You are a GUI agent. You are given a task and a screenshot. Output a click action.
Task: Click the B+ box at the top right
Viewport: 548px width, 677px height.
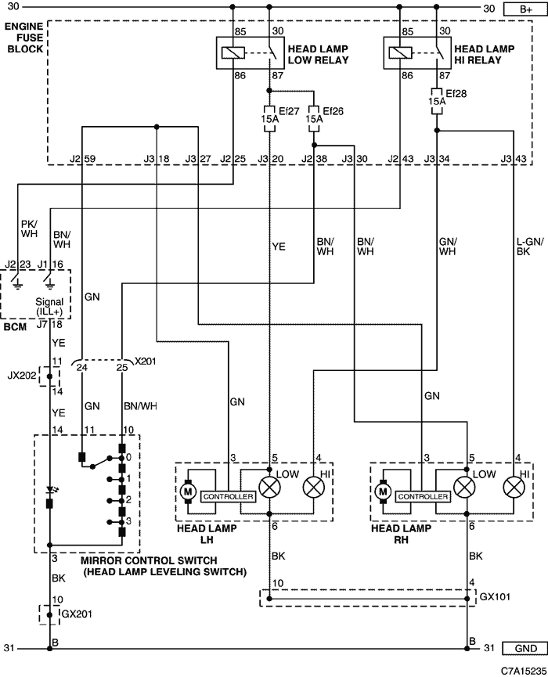tap(525, 9)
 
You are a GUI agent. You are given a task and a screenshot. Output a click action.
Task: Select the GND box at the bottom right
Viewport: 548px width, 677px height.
tap(525, 648)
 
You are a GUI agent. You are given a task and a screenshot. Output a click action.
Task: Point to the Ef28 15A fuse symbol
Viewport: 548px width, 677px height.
tap(437, 102)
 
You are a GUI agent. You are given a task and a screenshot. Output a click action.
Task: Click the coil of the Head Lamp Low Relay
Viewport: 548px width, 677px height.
tap(233, 52)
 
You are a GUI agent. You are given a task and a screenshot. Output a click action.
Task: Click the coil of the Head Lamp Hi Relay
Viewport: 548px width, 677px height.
tap(400, 52)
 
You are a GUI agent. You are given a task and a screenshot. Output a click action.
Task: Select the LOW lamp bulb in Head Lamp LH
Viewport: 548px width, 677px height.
tap(269, 488)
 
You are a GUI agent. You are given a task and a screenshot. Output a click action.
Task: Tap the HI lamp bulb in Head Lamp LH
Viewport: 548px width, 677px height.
tap(314, 488)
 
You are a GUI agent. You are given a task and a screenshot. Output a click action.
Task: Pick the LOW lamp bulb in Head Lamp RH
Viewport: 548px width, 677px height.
tap(464, 488)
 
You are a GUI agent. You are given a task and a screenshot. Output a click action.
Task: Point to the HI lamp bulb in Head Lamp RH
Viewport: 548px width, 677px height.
tap(514, 488)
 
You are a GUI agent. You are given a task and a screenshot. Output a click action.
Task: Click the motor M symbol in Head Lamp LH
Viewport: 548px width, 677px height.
tap(188, 492)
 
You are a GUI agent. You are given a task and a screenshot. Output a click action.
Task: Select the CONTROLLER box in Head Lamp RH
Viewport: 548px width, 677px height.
tap(423, 496)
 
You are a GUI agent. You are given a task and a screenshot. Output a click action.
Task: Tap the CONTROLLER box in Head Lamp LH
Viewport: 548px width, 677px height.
tap(228, 496)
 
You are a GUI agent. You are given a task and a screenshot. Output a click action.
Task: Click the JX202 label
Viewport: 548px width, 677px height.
tap(22, 375)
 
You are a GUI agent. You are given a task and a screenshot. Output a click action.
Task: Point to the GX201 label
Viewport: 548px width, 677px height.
tap(78, 614)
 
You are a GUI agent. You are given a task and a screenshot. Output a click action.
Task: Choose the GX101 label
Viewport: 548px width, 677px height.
tap(496, 596)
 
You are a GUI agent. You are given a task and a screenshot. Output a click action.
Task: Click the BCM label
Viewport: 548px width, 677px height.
tap(15, 327)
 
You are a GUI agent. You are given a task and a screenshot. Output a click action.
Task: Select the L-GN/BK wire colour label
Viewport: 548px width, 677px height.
tap(530, 246)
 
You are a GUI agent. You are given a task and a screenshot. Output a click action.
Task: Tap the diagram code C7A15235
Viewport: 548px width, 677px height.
tap(524, 671)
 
